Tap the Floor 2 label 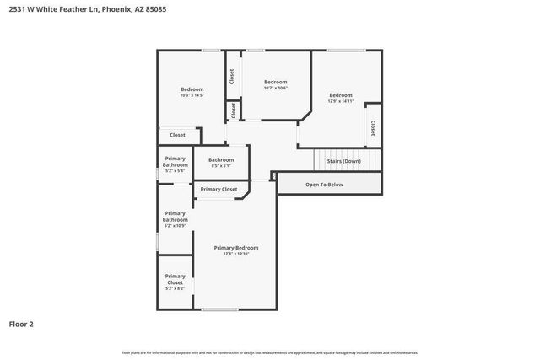[20, 324]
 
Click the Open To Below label [324, 184]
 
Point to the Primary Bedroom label [236, 248]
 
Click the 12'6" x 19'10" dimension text [236, 254]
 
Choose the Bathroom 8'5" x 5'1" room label [221, 162]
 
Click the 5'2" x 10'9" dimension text [175, 225]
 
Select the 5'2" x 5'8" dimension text [175, 170]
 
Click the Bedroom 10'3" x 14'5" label [192, 92]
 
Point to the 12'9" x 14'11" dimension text [341, 101]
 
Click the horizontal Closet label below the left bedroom [177, 135]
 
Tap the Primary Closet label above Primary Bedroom [219, 189]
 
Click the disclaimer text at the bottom [270, 352]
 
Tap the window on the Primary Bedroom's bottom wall [219, 309]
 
